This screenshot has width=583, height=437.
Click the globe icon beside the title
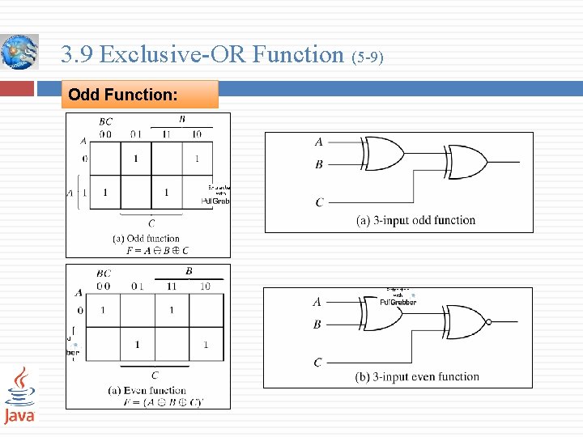[19, 52]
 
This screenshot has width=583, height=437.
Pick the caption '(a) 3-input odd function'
[416, 220]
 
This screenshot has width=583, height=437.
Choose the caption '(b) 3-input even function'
[417, 376]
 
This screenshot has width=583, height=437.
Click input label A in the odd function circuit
[319, 142]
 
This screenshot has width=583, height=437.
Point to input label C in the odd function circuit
[319, 202]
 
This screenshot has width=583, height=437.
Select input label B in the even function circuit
[317, 325]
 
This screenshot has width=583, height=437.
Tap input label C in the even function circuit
[317, 363]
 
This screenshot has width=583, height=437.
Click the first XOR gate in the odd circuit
[384, 152]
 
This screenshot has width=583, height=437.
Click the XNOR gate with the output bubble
[467, 321]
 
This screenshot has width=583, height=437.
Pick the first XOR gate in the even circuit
[384, 312]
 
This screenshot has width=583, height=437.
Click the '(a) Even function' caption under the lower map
[147, 391]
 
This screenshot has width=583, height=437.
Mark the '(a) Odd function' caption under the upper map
[146, 239]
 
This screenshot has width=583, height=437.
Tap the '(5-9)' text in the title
[368, 57]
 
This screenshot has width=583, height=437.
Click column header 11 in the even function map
[171, 286]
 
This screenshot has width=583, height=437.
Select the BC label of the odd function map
[105, 122]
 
